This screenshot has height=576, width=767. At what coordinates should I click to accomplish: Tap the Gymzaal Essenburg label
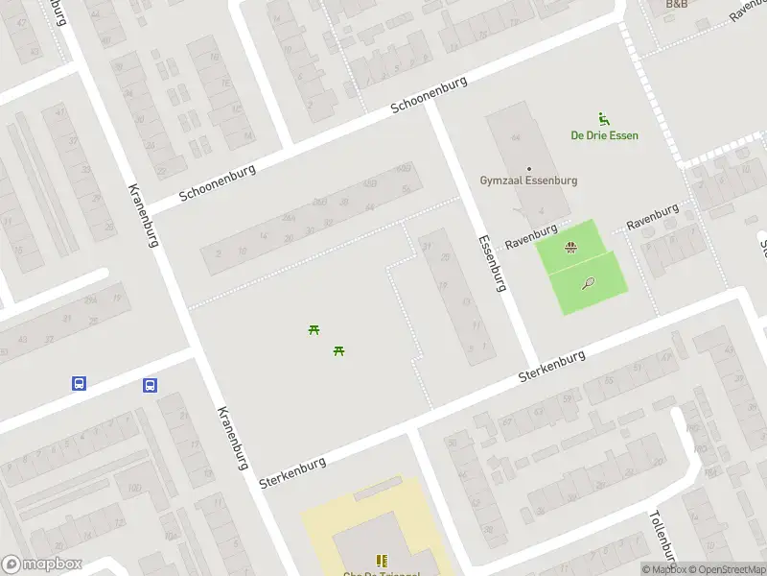pyautogui.click(x=528, y=180)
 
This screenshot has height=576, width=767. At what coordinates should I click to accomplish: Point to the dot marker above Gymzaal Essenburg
pyautogui.click(x=528, y=168)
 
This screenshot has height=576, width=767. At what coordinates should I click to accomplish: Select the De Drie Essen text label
pyautogui.click(x=604, y=135)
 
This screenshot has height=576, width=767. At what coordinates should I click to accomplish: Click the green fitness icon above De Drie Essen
pyautogui.click(x=604, y=119)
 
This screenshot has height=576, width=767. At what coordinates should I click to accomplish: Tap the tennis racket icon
pyautogui.click(x=587, y=283)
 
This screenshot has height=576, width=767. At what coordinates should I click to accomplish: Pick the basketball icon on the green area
pyautogui.click(x=570, y=248)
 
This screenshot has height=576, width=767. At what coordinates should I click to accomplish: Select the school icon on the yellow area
pyautogui.click(x=382, y=561)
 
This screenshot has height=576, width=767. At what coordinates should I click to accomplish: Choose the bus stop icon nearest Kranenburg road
pyautogui.click(x=151, y=385)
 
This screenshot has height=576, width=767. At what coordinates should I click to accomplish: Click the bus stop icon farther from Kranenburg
pyautogui.click(x=80, y=383)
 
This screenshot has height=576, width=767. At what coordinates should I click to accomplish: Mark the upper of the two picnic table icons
pyautogui.click(x=314, y=330)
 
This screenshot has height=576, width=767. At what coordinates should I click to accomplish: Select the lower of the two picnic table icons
pyautogui.click(x=338, y=350)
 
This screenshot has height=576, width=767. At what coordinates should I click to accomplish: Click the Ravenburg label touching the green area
pyautogui.click(x=531, y=238)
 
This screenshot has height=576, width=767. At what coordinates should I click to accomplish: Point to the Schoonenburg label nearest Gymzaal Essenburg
pyautogui.click(x=429, y=96)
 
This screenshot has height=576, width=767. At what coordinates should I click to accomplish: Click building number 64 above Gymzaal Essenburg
pyautogui.click(x=515, y=137)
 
